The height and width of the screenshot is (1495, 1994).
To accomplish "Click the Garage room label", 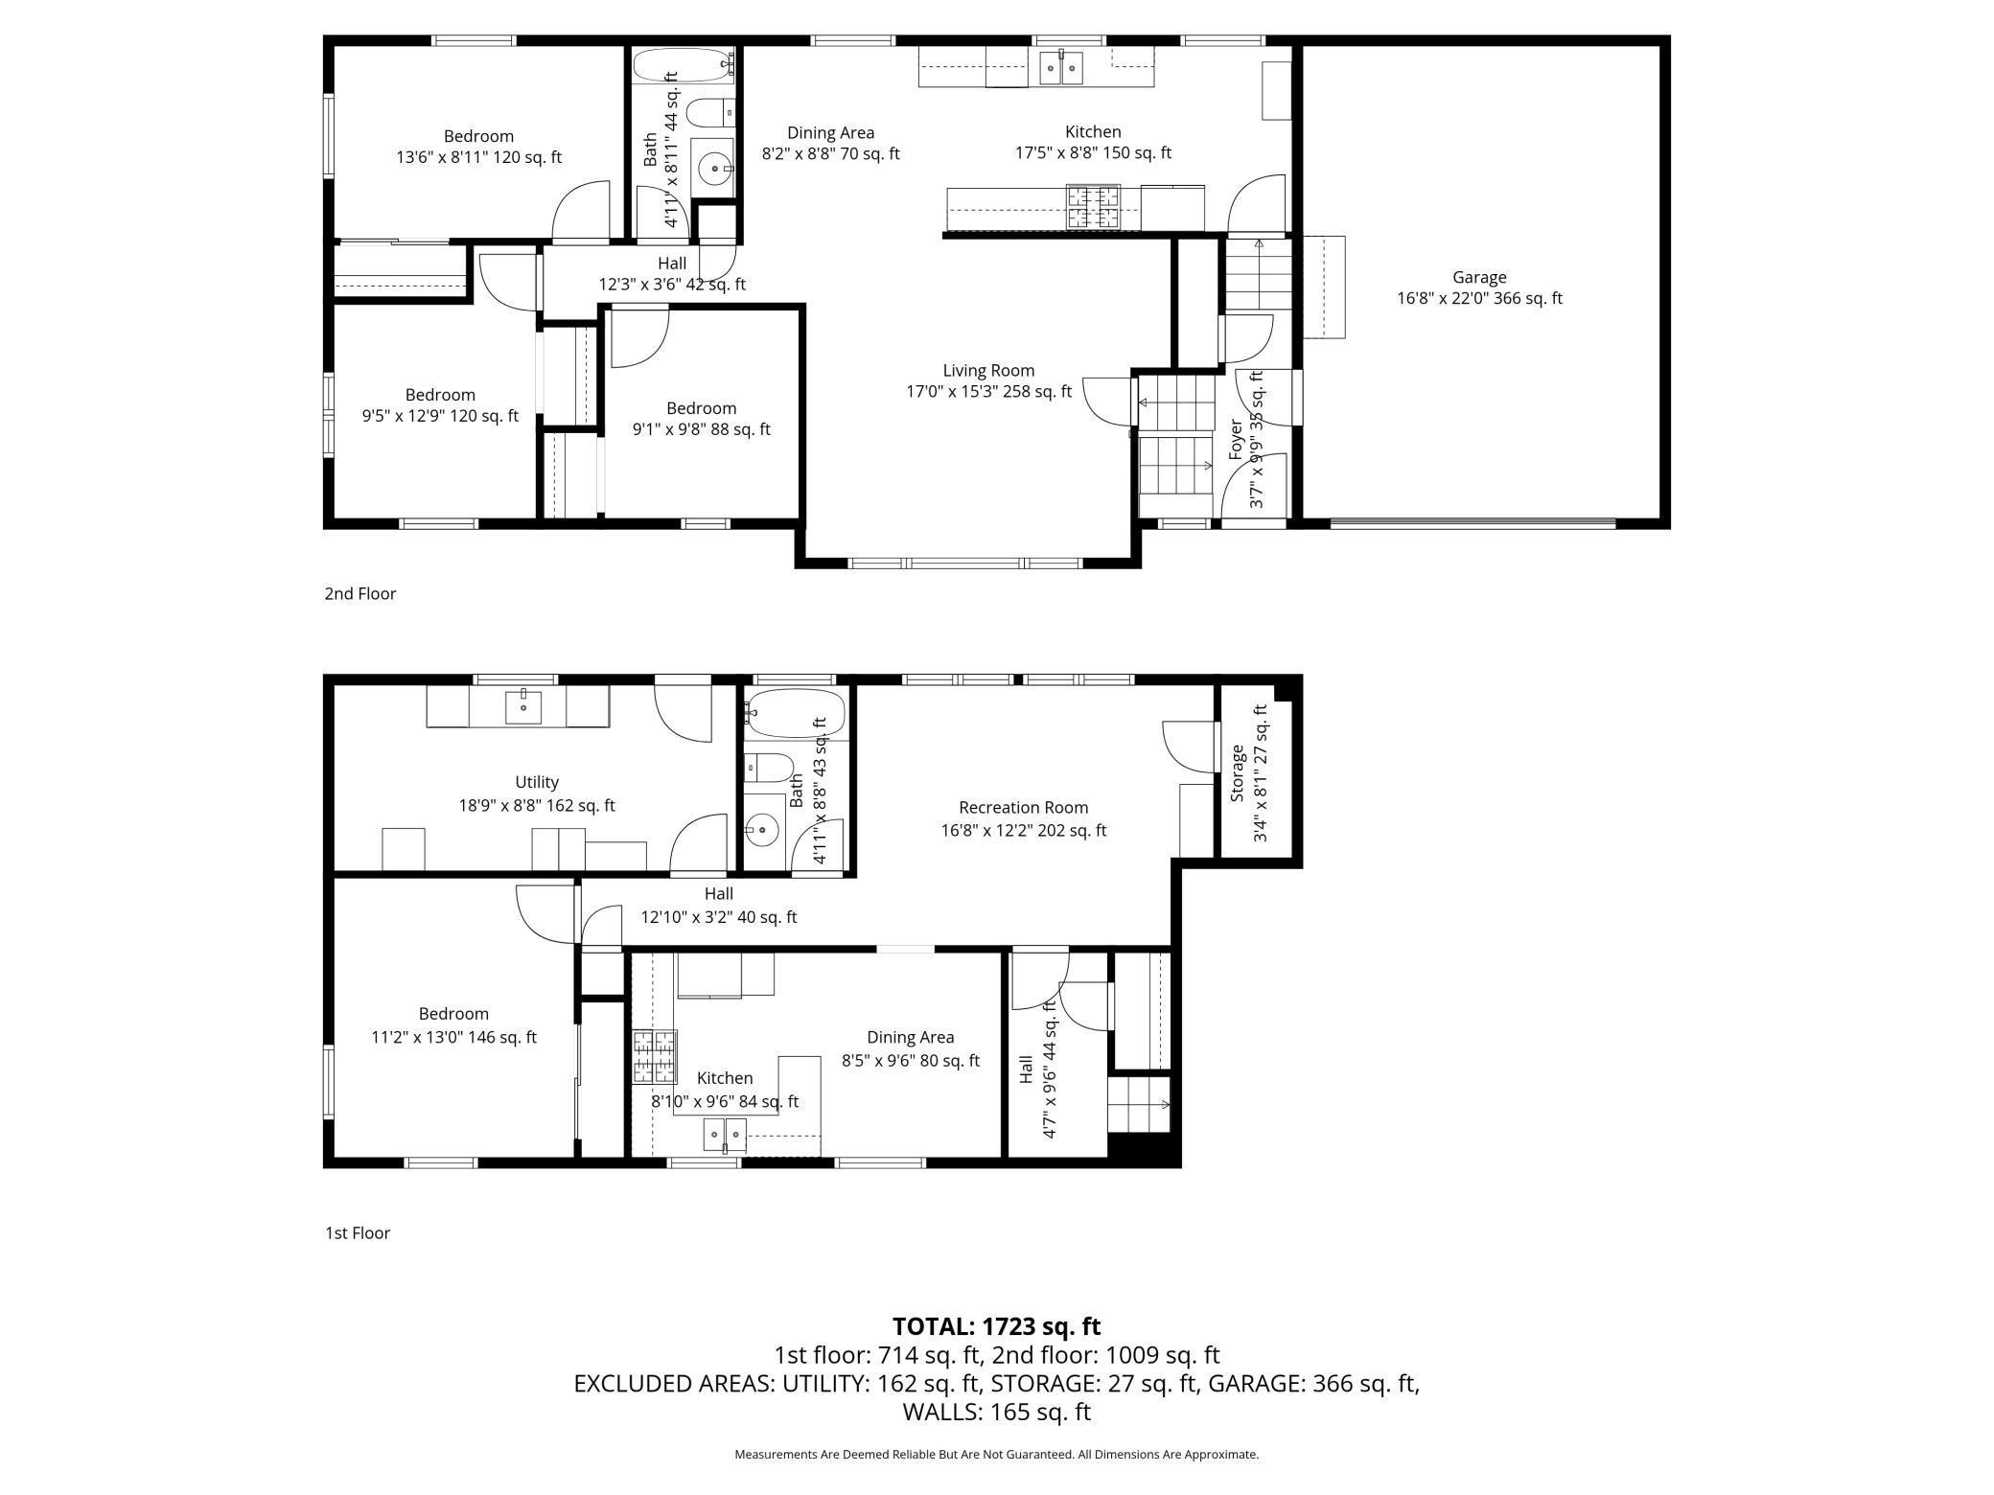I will click(1478, 278).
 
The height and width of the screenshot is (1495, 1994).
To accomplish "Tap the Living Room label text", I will click(988, 371).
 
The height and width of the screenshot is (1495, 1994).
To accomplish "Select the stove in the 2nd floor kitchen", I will click(1094, 207).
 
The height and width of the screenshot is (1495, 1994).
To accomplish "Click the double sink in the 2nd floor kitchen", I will click(1061, 68).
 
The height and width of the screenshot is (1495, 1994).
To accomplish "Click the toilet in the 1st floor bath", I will click(769, 768).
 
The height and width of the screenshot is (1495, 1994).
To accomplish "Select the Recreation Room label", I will click(1023, 808).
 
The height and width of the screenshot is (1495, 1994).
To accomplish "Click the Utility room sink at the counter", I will click(523, 707).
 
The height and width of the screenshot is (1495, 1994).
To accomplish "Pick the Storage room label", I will click(1238, 773).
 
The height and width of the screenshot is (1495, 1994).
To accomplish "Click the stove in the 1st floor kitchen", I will click(655, 1057).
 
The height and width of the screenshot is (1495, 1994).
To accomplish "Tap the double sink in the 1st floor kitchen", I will click(725, 1134).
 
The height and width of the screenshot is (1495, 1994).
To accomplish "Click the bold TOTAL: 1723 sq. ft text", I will click(996, 1326).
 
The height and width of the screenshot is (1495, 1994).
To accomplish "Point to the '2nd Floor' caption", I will click(360, 594).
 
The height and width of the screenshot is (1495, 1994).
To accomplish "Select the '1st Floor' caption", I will click(358, 1233).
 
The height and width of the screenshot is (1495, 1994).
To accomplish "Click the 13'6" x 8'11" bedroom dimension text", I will click(478, 157).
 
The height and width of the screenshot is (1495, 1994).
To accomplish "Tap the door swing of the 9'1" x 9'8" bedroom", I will click(637, 337).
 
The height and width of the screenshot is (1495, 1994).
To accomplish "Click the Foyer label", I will click(1236, 439).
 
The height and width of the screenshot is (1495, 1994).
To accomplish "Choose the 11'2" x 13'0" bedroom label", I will click(453, 1014).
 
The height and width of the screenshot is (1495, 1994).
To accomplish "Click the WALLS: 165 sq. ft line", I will click(996, 1412).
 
